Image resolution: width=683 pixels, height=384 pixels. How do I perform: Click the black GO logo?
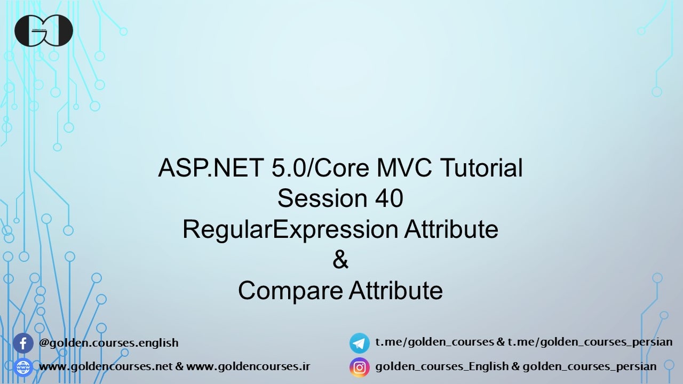coord(43,30)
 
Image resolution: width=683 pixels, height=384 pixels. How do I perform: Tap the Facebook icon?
coord(23,343)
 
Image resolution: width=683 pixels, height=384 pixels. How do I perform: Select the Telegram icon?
coord(359,343)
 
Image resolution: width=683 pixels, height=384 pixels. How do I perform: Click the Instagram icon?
coord(359,367)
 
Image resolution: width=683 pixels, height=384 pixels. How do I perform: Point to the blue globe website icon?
coord(23,367)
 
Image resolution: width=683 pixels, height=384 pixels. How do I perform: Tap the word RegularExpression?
coord(290,230)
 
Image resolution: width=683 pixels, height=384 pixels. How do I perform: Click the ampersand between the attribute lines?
coord(340,260)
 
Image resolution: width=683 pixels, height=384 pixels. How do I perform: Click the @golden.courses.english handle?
coord(109,343)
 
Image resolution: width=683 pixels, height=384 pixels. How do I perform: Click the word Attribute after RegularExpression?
coord(451,230)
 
